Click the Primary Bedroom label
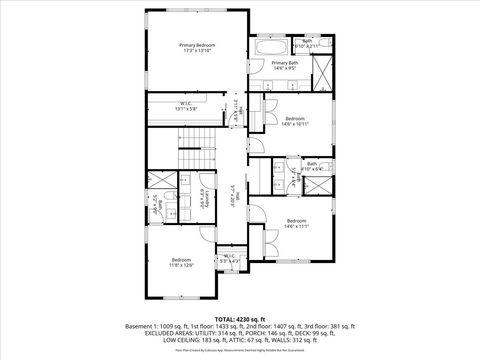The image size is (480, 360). [x=197, y=48]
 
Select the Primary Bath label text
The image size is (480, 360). [x=285, y=65]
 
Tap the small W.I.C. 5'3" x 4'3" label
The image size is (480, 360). [x=229, y=258]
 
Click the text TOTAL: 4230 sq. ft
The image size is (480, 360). [x=240, y=318]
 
